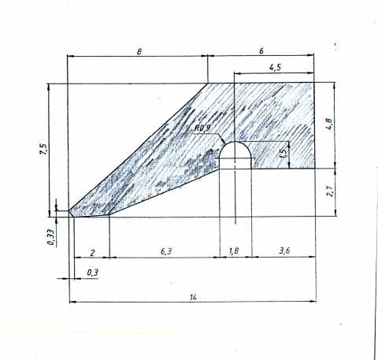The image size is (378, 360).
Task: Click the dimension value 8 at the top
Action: point(139,51)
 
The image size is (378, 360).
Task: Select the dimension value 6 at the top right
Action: point(261,51)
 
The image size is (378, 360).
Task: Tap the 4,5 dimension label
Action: point(275,68)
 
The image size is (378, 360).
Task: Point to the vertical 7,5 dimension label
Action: point(43,150)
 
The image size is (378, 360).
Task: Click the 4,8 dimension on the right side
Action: point(329,124)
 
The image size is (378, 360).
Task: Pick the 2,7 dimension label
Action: point(330,191)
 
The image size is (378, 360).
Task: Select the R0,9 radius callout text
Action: point(202,128)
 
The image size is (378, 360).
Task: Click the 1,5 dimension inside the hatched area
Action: point(283,153)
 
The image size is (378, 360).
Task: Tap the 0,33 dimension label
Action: point(51,237)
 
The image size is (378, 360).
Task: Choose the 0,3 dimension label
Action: point(92,273)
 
